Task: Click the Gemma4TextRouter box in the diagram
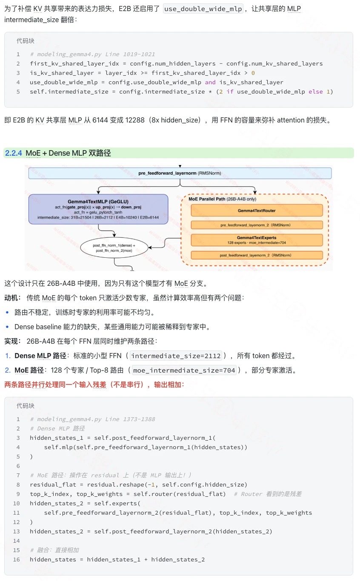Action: tap(257, 210)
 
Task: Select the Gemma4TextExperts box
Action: tap(257, 240)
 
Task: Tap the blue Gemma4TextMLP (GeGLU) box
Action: tap(98, 209)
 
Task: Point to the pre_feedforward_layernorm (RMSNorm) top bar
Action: tap(180, 173)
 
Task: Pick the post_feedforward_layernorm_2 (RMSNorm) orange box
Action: tap(257, 255)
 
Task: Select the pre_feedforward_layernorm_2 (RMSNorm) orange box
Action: tap(257, 225)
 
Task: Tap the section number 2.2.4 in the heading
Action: tap(14, 153)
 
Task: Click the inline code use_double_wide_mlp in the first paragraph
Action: tap(203, 9)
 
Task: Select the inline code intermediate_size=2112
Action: tap(176, 356)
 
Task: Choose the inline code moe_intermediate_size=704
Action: tap(184, 370)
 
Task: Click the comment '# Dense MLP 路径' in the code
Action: tap(57, 428)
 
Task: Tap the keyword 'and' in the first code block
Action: tap(210, 82)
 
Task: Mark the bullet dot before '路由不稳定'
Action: tap(7, 313)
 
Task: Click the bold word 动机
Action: tap(13, 298)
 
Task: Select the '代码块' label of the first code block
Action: tap(26, 41)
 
